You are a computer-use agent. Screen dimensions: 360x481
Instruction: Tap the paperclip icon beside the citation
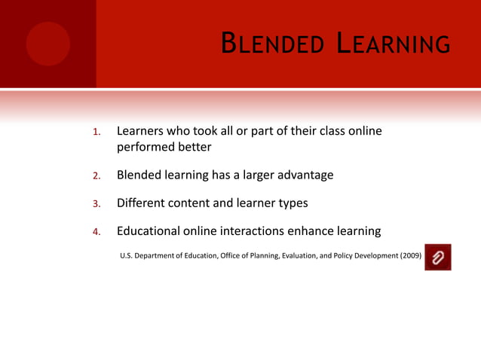coord(438,258)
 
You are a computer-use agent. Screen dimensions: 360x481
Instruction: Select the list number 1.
coord(96,133)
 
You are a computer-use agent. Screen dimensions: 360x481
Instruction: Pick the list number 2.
coord(96,176)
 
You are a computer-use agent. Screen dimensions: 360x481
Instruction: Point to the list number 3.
coord(96,204)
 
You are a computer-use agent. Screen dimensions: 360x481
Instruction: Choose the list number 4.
coord(96,232)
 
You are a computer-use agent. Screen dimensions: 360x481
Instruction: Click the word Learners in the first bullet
coord(141,132)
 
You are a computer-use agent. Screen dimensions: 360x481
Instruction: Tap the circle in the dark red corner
coord(47,44)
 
